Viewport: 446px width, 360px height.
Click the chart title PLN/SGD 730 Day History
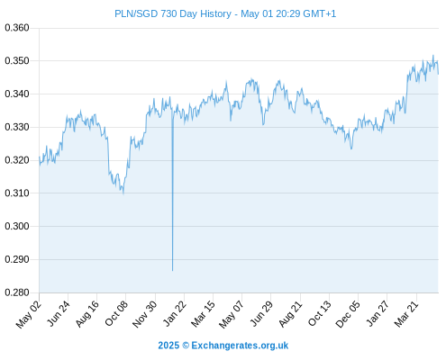click(173, 13)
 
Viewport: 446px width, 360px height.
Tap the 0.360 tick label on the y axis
click(17, 28)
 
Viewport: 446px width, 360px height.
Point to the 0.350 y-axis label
click(17, 61)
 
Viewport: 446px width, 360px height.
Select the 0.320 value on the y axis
click(17, 160)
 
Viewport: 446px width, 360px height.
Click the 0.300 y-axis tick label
click(17, 226)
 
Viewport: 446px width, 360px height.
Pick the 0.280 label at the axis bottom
click(17, 292)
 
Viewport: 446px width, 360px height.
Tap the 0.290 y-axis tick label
click(17, 259)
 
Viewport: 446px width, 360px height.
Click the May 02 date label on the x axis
click(29, 314)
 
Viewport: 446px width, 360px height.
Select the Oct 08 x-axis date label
click(116, 313)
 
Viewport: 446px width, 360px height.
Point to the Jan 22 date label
click(175, 313)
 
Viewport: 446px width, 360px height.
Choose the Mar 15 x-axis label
click(204, 313)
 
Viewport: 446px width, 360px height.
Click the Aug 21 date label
click(290, 313)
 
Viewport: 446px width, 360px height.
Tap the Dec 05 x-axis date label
click(348, 314)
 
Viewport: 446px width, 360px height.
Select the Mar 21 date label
click(406, 313)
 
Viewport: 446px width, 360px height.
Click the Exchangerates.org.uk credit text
click(240, 346)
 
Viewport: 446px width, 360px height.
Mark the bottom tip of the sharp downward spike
click(172, 271)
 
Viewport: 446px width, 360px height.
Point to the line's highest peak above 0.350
click(433, 56)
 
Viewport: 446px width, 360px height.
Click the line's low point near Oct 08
click(123, 193)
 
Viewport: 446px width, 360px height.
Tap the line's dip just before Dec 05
click(351, 148)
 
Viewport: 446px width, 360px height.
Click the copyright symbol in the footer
click(186, 346)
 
